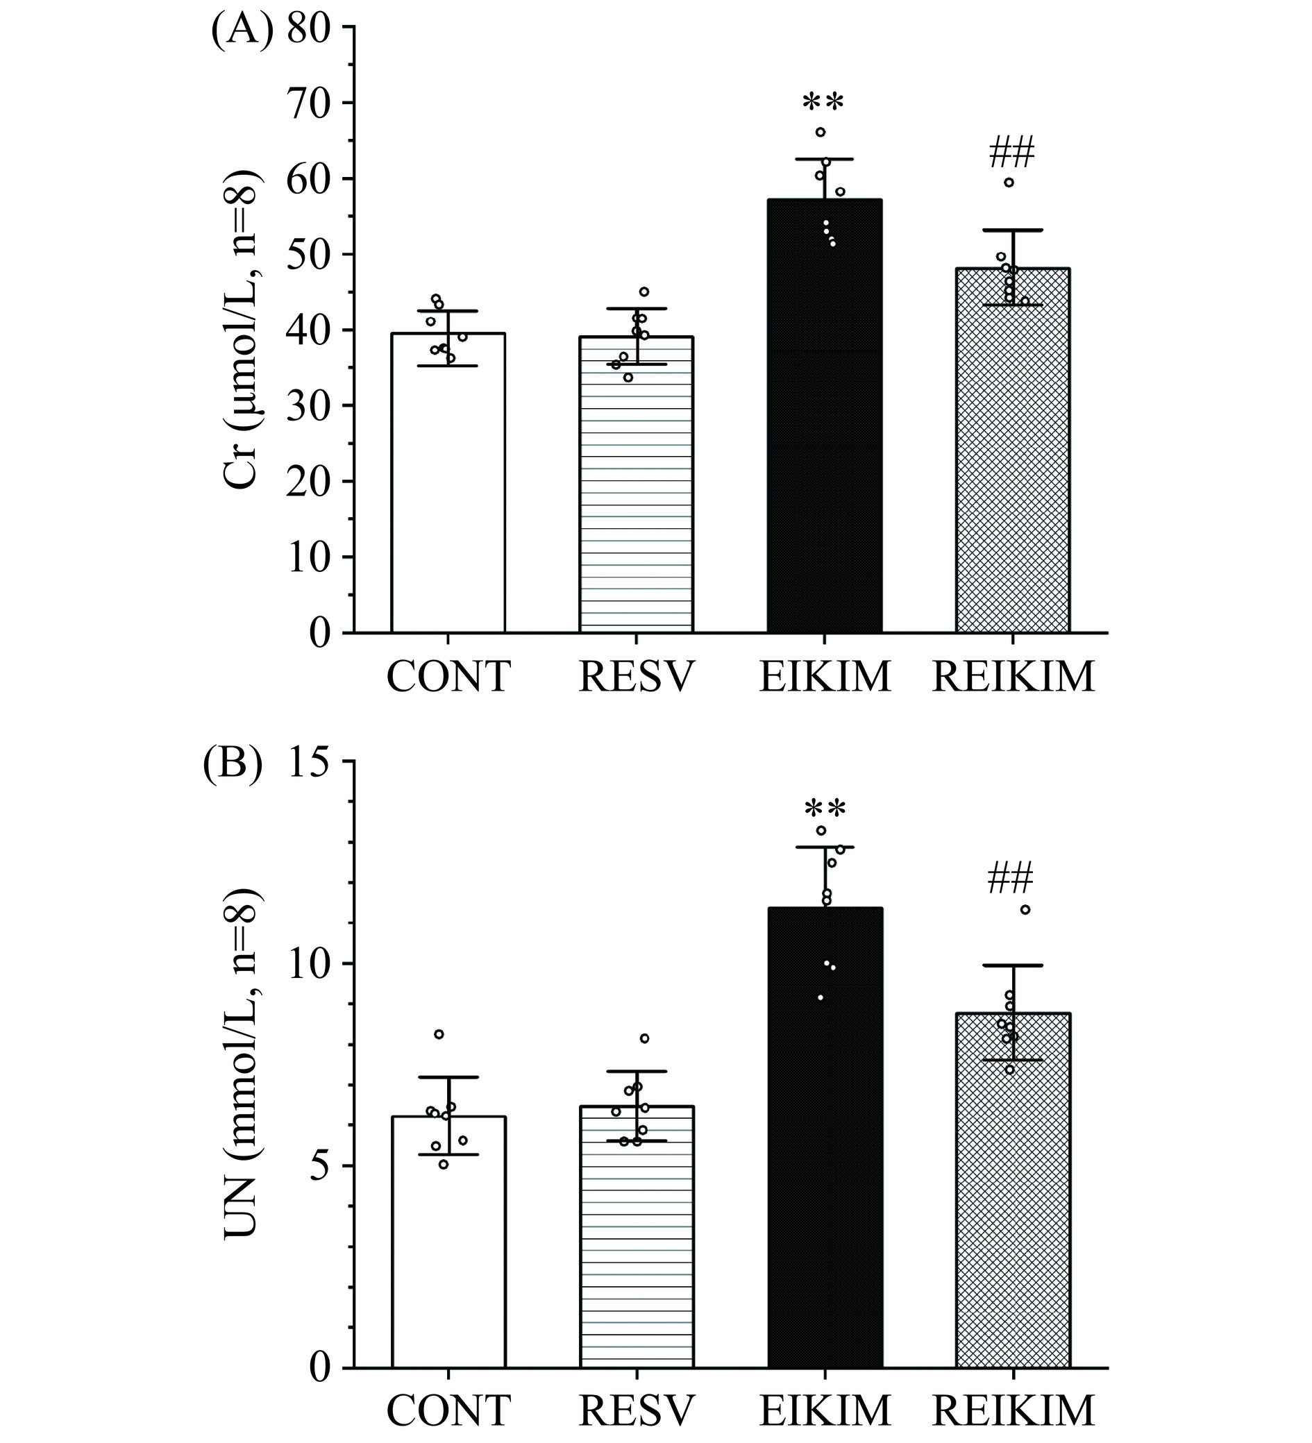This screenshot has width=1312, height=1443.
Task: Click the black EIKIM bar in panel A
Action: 824,430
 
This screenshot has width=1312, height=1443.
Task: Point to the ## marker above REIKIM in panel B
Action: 1011,879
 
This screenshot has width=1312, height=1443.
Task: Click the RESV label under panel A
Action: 637,677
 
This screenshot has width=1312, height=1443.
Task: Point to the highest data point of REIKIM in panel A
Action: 1009,183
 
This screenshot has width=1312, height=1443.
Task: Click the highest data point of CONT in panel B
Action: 439,1034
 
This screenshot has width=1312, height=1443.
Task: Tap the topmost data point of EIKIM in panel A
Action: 821,132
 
